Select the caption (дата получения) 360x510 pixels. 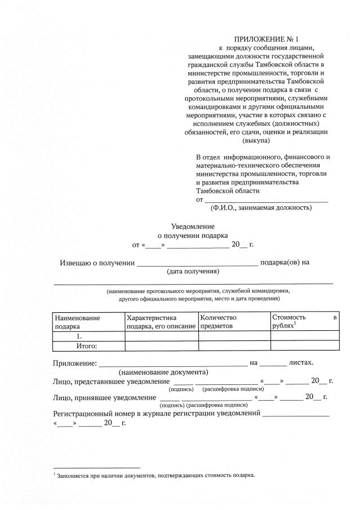click(193, 272)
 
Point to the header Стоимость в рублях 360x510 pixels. click(304, 322)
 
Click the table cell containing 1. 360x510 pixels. click(88, 336)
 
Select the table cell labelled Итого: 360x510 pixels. click(88, 346)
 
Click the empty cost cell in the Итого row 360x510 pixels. click(304, 346)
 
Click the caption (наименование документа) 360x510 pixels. click(163, 372)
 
